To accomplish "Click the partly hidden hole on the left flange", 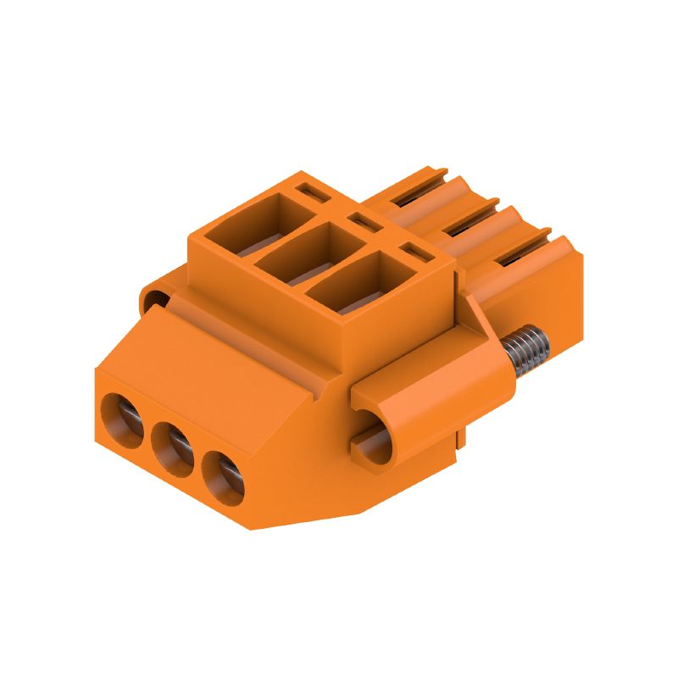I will (x=155, y=299).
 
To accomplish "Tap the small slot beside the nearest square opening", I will (x=415, y=252).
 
